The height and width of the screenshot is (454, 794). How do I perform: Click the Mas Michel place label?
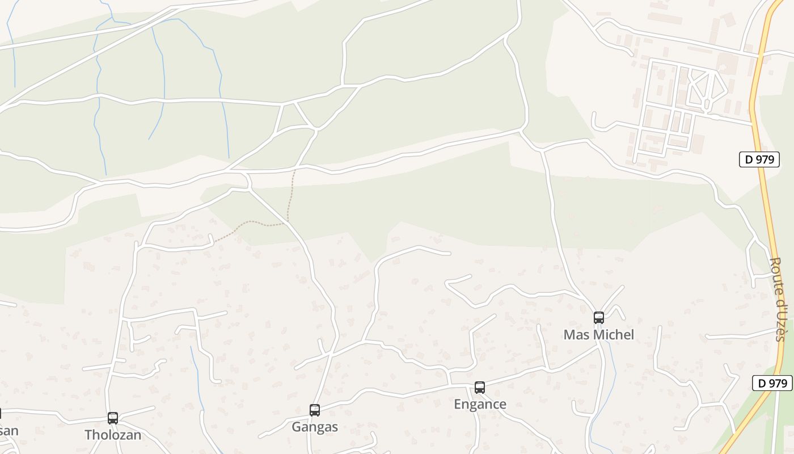tap(598, 335)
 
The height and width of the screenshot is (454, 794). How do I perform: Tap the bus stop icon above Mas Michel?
tap(598, 318)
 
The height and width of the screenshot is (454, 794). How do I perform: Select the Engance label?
tap(480, 405)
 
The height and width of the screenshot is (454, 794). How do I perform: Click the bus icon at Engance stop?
tap(480, 388)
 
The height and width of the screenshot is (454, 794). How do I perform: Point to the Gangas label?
tap(315, 427)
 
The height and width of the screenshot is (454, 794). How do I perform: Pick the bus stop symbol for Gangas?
tap(315, 410)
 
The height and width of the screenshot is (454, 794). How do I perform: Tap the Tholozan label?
tap(113, 435)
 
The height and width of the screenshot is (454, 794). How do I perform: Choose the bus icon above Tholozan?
tap(113, 418)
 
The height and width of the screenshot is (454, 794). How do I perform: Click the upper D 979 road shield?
tap(759, 159)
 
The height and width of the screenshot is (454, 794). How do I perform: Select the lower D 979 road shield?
tap(772, 383)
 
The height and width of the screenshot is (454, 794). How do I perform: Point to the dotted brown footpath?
tap(289, 199)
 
